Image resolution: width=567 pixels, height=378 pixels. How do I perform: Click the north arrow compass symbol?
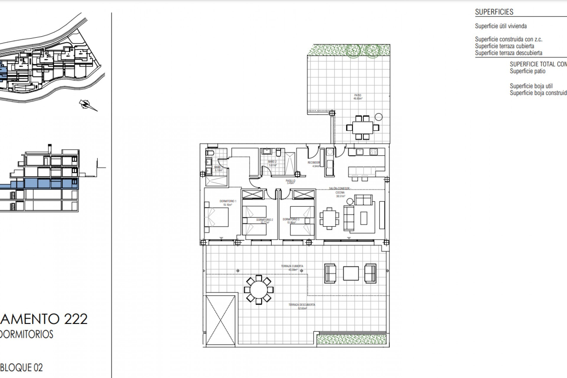(87, 105)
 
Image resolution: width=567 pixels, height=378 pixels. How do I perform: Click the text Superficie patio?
(527, 71)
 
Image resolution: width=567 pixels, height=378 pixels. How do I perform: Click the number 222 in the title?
(76, 319)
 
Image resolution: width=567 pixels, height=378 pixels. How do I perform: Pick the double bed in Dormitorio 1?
(217, 217)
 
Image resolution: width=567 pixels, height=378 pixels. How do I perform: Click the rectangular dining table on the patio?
(362, 128)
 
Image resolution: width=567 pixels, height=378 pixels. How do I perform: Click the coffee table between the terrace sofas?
(351, 273)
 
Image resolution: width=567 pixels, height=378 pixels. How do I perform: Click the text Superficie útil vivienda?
(501, 26)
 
